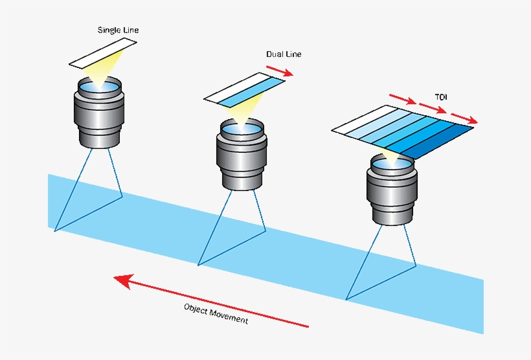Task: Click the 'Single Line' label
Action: click(118, 30)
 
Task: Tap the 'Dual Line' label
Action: click(284, 54)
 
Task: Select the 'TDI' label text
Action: click(441, 97)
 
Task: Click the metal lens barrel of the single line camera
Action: click(99, 117)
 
